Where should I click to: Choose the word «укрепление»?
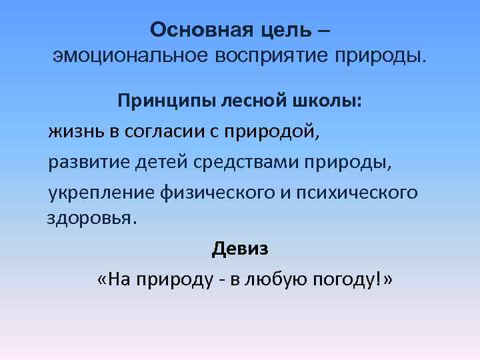click(100, 193)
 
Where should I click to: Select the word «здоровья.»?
click(90, 219)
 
